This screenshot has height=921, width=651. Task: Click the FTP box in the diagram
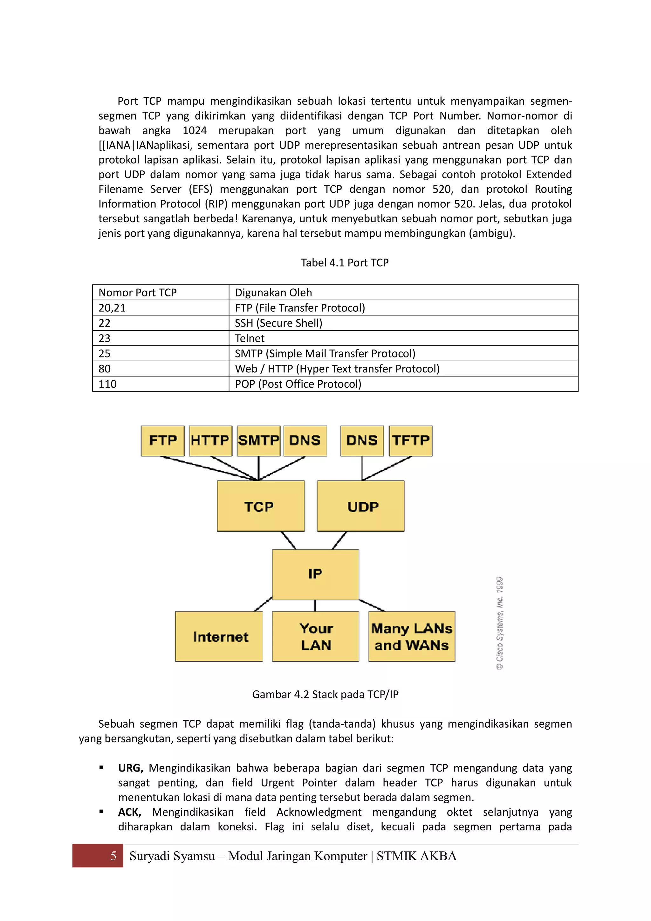point(163,440)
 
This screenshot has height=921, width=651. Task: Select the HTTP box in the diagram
point(210,440)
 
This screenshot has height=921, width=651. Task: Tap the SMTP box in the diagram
point(258,440)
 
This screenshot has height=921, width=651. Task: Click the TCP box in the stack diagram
point(261,506)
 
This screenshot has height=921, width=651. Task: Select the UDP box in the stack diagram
point(361,506)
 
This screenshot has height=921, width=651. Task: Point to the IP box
point(315,574)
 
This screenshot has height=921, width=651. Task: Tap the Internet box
point(219,637)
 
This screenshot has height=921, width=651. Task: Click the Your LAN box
point(315,637)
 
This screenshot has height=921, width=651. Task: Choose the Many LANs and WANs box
point(412,637)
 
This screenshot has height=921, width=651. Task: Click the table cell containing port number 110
point(160,384)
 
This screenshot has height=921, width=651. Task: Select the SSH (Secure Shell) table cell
point(403,323)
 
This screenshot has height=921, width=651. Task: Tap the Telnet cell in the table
point(403,338)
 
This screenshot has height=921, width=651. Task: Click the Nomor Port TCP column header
point(160,293)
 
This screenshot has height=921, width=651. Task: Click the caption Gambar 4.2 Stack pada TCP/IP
point(325,694)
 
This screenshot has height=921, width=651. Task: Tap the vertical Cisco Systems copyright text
point(499,623)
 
